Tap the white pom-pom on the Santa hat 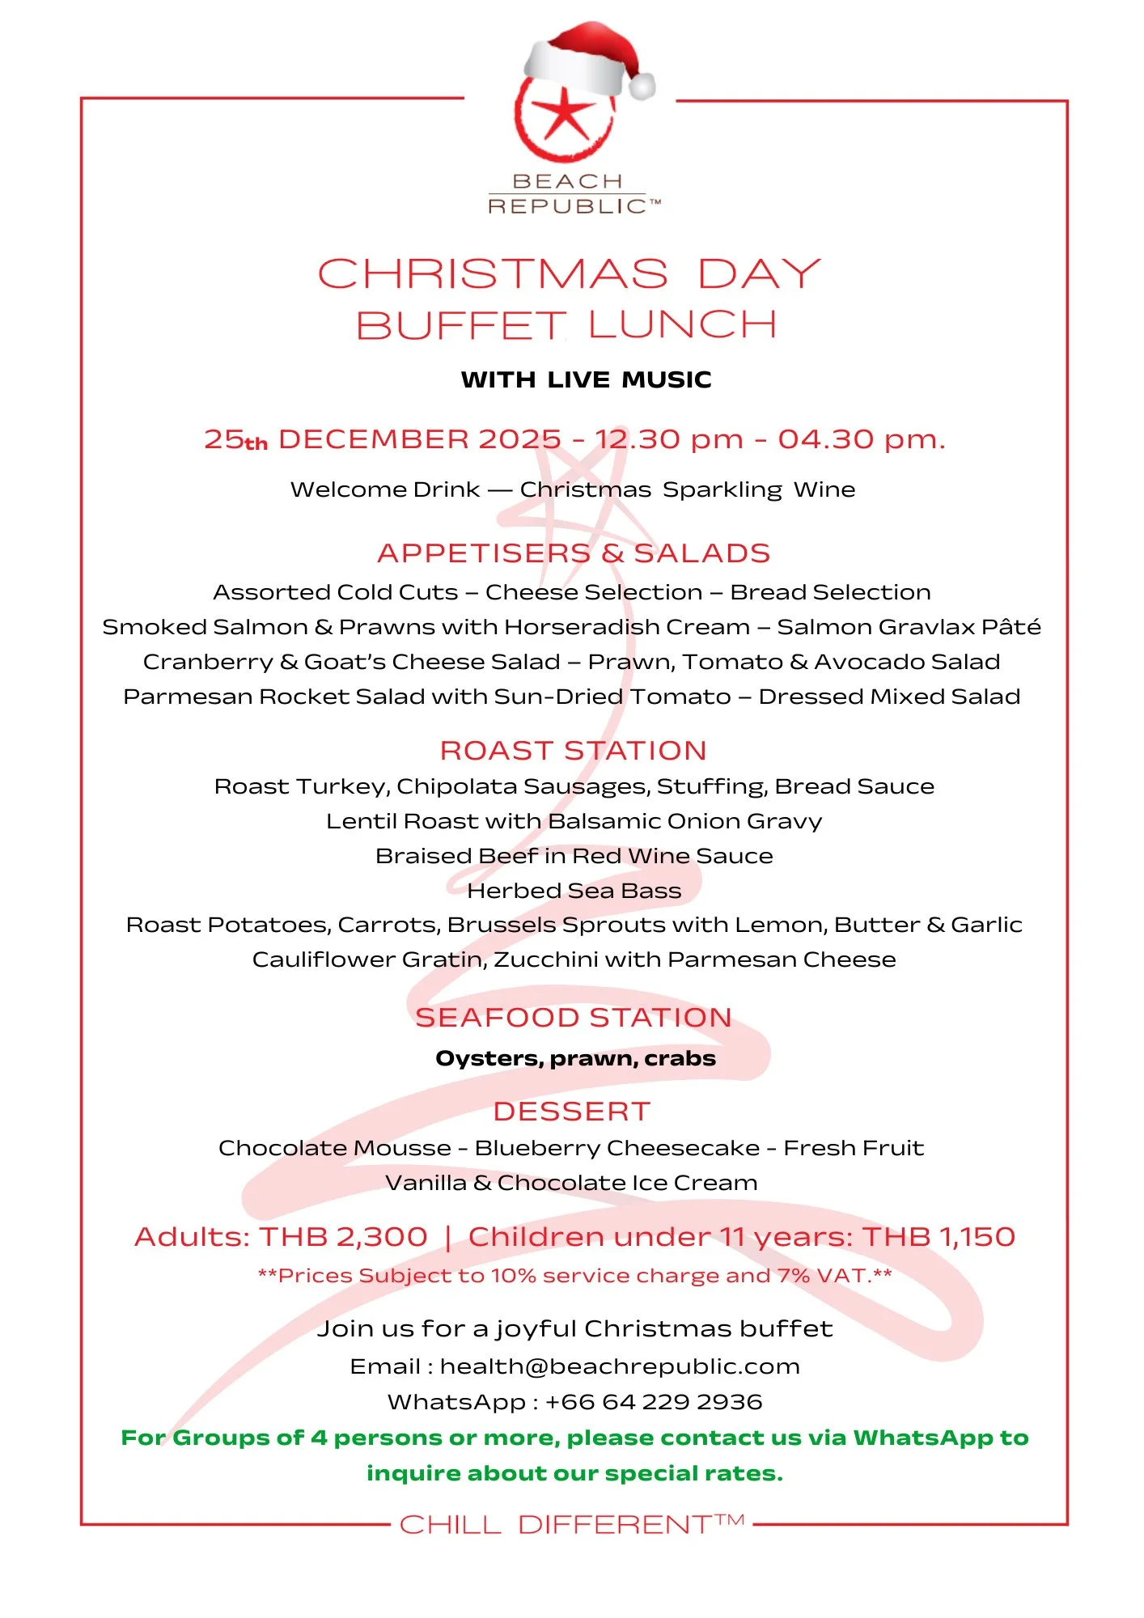pos(642,86)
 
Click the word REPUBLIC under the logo pos(567,206)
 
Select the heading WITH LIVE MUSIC pos(586,379)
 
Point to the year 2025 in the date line pos(519,439)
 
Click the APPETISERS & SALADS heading pos(573,553)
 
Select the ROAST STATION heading pos(573,751)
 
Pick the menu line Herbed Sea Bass pos(574,891)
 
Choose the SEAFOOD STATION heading pos(573,1018)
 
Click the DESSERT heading pos(571,1112)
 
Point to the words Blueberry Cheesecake pos(616,1148)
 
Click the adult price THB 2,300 pos(343,1237)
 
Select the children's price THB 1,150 pos(938,1237)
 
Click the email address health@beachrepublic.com pos(620,1366)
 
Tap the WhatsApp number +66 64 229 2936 pos(654,1402)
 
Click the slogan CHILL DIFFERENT pos(557,1525)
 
